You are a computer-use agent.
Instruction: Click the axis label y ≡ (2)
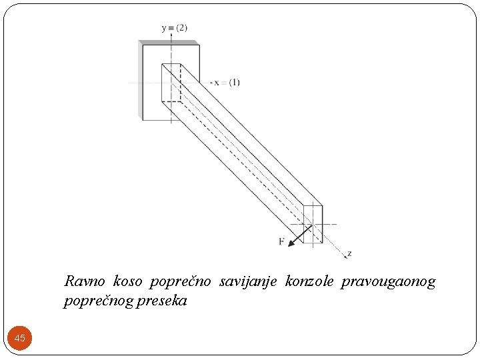[x=175, y=28]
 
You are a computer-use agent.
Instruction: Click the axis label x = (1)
[x=227, y=83]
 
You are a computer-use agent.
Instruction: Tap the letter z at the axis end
[x=349, y=254]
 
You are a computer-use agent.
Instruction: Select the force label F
[x=281, y=241]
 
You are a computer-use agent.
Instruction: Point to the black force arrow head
[x=291, y=243]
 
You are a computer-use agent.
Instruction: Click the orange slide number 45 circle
[x=20, y=338]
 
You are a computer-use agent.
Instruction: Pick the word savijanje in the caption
[x=248, y=282]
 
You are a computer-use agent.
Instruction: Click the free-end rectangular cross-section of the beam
[x=313, y=224]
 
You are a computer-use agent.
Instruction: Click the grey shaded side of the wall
[x=140, y=80]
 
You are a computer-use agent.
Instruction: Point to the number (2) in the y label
[x=181, y=28]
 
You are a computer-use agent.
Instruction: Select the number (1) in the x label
[x=234, y=83]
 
